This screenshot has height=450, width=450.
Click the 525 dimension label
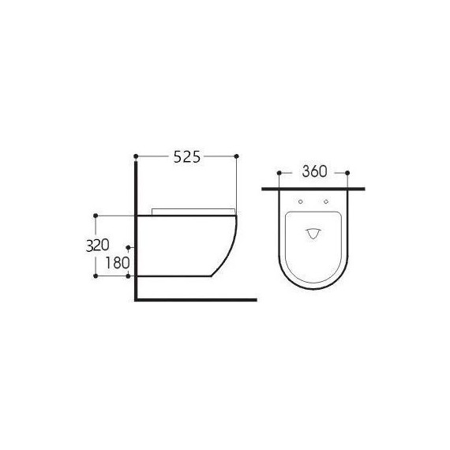187,158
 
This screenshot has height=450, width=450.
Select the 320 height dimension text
98,246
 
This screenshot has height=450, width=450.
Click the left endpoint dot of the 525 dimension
137,156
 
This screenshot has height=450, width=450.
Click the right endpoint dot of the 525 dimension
237,156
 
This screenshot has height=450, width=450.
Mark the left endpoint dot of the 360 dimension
280,172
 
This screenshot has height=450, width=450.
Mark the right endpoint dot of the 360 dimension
348,172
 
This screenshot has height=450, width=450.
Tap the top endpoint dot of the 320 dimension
96,215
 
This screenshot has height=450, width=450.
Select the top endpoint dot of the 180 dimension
128,247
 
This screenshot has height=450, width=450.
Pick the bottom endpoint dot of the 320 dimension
96,276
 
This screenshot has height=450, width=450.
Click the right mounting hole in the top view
326,201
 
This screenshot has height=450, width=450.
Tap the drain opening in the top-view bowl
314,234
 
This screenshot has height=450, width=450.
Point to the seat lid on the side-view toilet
193,211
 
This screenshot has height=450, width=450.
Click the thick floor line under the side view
197,300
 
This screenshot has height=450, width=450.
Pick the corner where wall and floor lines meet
137,300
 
